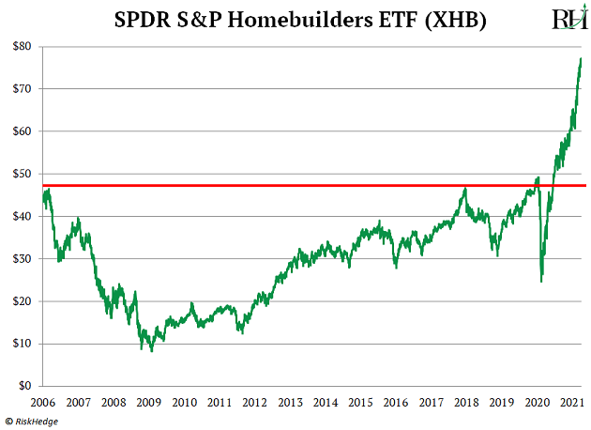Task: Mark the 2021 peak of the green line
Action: pyautogui.click(x=581, y=58)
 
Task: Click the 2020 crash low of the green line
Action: pyautogui.click(x=541, y=281)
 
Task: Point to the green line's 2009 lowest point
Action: pyautogui.click(x=151, y=350)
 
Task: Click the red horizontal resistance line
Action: pyautogui.click(x=281, y=185)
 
